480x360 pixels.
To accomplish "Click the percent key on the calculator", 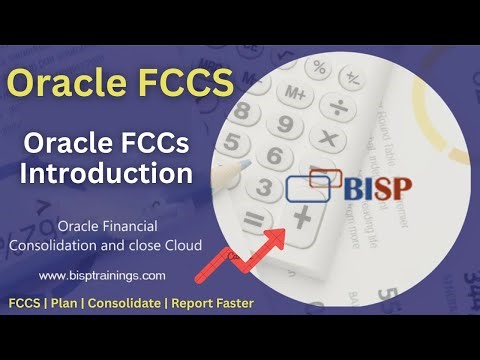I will [319, 68].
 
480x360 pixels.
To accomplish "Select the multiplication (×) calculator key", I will [327, 134].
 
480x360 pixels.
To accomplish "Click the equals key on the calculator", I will [255, 218].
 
